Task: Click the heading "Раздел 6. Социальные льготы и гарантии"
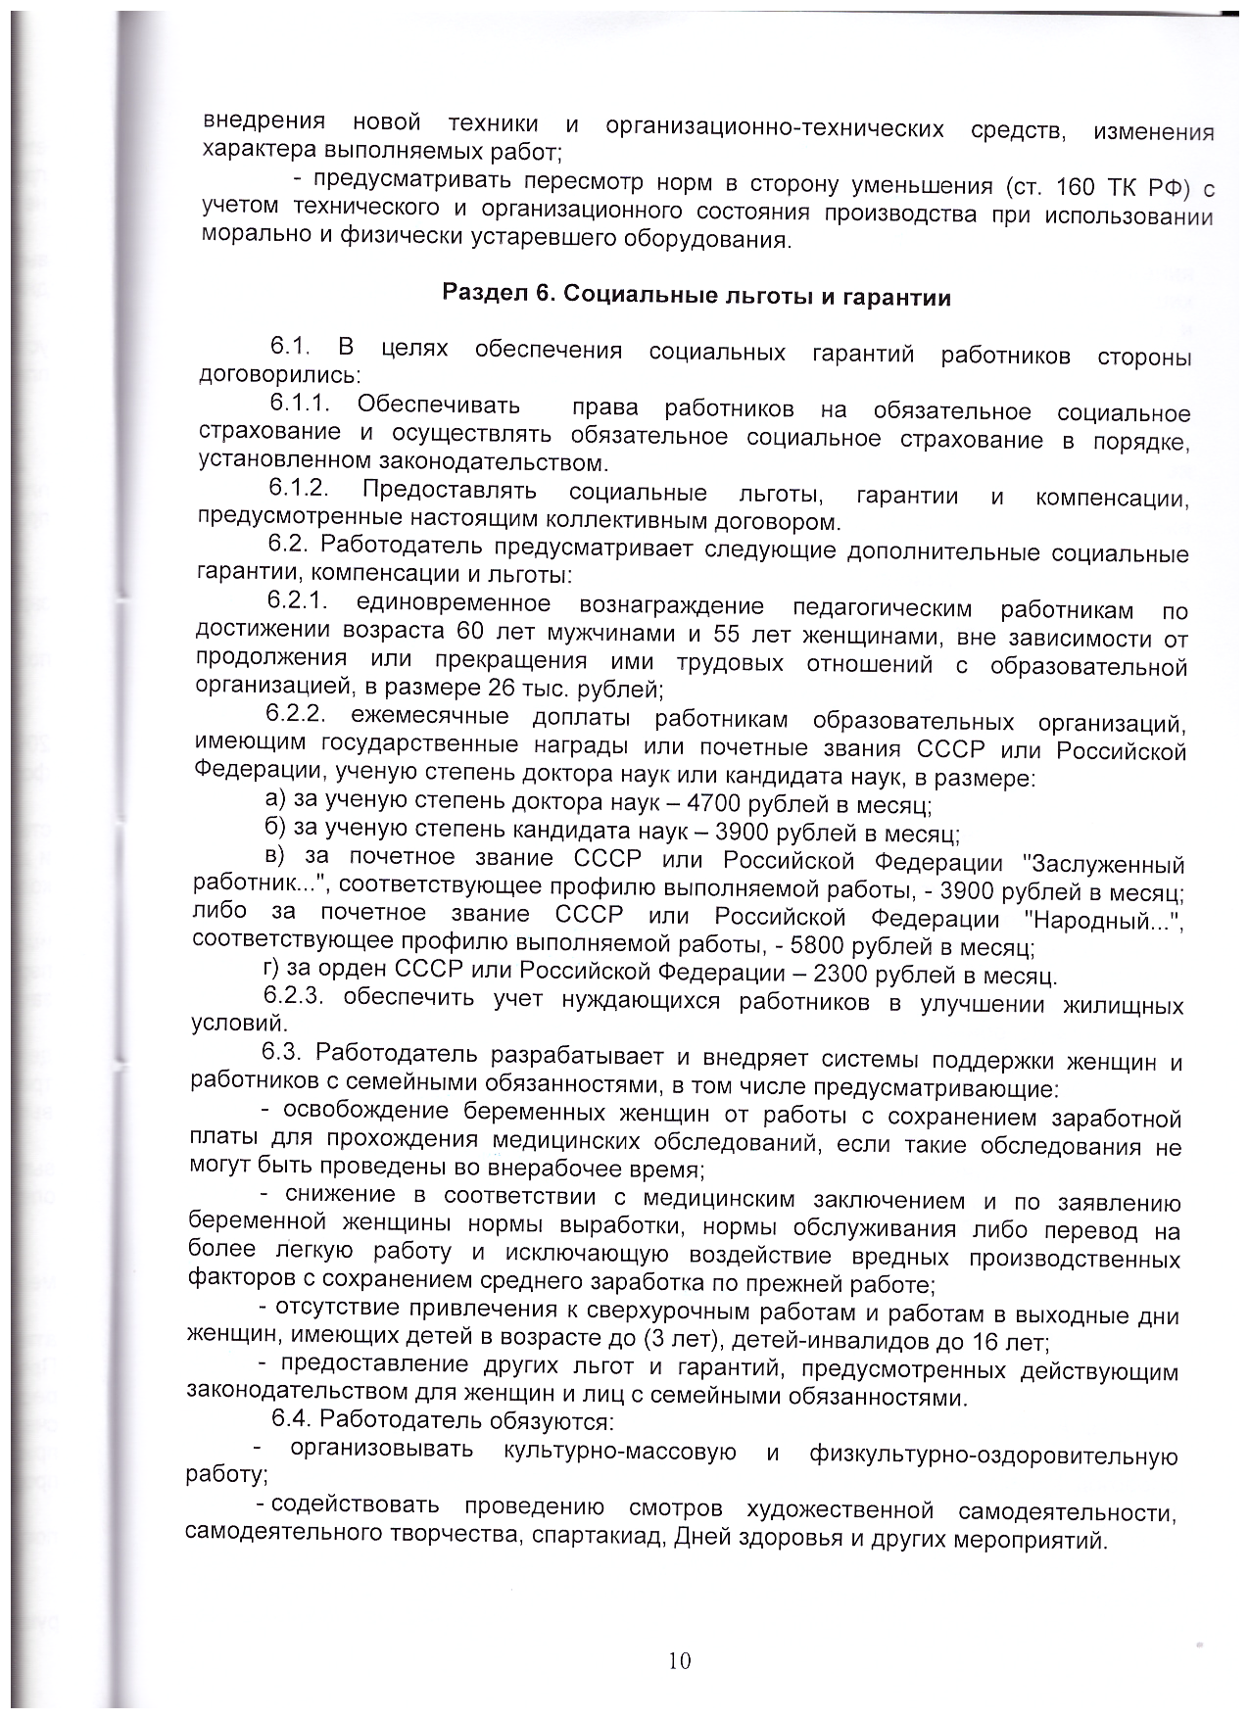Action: click(697, 296)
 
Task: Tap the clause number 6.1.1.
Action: click(299, 404)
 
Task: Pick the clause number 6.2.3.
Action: click(293, 996)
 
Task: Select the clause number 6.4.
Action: click(291, 1418)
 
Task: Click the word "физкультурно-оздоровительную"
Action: click(992, 1456)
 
